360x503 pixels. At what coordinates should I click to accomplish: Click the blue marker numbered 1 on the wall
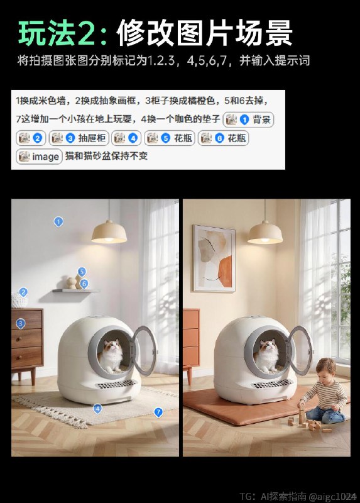[58, 221]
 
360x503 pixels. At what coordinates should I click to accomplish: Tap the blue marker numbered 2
[23, 292]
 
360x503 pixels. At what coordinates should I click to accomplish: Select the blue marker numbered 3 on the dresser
[21, 323]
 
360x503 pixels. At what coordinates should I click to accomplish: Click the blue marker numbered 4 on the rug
[97, 408]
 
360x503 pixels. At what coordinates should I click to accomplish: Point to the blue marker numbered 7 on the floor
[158, 412]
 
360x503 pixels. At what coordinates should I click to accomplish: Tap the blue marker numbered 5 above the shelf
[81, 272]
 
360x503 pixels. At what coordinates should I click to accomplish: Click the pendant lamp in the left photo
[109, 233]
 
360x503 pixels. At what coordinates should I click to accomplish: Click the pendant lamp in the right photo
[265, 233]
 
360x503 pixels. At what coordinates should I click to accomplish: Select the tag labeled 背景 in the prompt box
[249, 119]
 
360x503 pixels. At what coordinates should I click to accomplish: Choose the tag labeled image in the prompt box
[39, 156]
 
